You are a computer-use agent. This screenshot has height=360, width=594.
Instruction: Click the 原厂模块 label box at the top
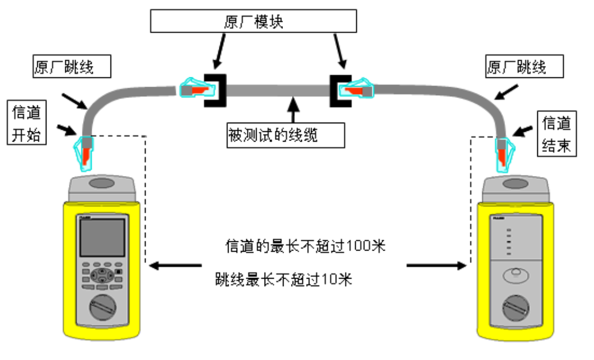click(253, 22)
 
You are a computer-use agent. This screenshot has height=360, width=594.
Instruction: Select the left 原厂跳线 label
click(72, 67)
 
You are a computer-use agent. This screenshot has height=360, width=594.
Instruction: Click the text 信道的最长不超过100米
click(306, 247)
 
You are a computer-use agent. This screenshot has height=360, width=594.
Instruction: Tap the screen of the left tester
click(102, 238)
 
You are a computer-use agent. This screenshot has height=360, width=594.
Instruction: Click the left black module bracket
click(217, 90)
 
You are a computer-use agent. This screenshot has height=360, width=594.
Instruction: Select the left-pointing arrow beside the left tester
click(175, 265)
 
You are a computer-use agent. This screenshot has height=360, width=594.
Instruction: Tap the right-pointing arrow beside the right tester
click(435, 265)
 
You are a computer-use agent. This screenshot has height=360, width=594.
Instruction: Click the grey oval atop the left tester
click(102, 184)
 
